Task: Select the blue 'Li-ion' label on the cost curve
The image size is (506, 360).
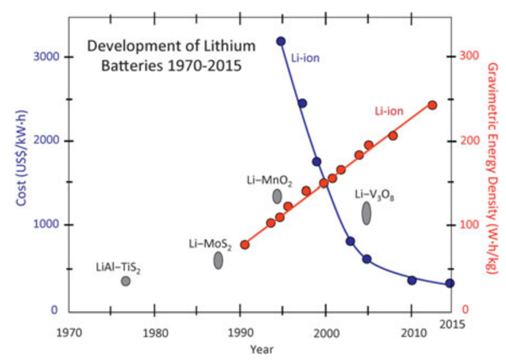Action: click(305, 58)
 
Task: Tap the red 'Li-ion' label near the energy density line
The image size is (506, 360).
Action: click(389, 112)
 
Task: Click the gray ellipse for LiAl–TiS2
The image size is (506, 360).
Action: click(126, 281)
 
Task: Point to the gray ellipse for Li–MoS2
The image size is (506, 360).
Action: click(218, 261)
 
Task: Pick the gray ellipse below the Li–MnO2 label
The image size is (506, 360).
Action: click(277, 196)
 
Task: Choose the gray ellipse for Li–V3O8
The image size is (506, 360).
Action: click(367, 213)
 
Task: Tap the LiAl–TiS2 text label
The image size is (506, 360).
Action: click(118, 267)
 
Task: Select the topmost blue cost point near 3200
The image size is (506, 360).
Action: click(281, 40)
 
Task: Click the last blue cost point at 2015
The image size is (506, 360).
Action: click(450, 283)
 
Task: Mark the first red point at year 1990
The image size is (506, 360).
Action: click(245, 244)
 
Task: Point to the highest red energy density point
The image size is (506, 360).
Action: click(433, 105)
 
